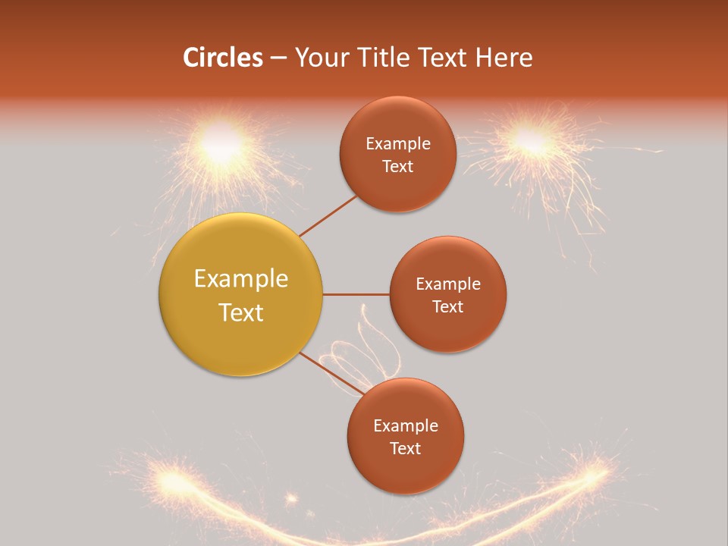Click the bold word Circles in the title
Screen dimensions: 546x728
click(222, 58)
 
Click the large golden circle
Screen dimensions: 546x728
click(241, 294)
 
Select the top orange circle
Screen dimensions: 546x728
click(397, 155)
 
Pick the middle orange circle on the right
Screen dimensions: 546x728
click(447, 294)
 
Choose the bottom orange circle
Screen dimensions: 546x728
click(405, 436)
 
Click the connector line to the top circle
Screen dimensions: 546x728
click(328, 215)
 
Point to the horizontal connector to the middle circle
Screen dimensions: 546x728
click(356, 294)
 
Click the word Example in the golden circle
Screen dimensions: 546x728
click(241, 279)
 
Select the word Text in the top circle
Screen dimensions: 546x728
click(397, 167)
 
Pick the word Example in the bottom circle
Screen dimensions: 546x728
click(405, 425)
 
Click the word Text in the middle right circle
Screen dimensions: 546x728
click(447, 306)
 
